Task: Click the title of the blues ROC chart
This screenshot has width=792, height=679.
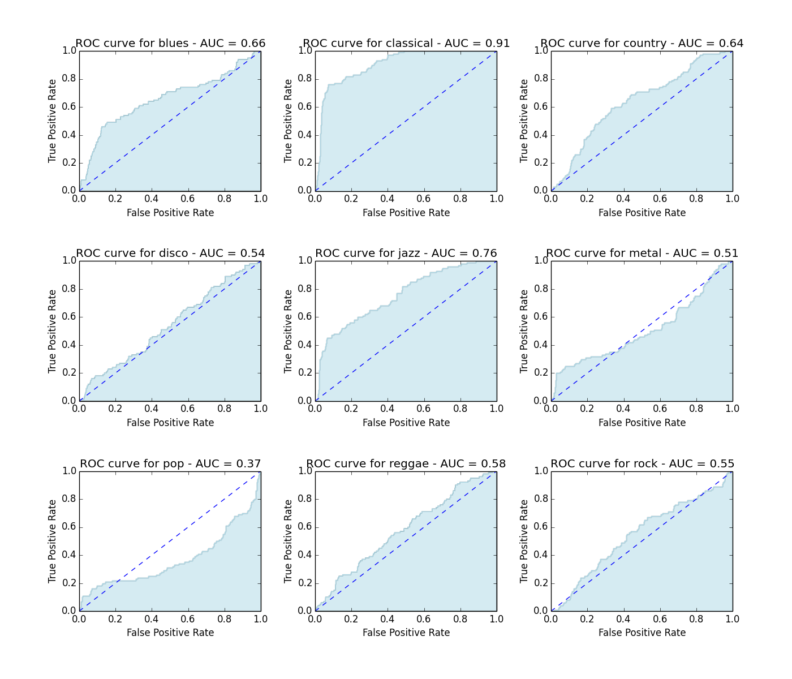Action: pos(170,44)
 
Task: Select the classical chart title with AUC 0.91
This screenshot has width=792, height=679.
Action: pos(406,44)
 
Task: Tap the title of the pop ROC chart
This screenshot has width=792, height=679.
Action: pos(170,464)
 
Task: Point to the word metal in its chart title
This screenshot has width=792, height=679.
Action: pos(645,253)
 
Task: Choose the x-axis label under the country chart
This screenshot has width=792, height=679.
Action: pos(642,213)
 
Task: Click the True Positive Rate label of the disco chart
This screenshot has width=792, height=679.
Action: pos(53,331)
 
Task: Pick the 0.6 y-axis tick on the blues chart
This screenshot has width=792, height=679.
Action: pos(69,107)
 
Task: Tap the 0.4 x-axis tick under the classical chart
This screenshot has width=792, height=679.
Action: pos(388,199)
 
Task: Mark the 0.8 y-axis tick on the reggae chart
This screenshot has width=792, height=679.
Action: pos(305,499)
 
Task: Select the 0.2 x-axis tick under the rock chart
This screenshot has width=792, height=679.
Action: pos(587,619)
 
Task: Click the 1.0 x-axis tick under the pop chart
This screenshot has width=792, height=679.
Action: pos(261,619)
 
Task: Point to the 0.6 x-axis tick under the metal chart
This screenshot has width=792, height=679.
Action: pos(660,409)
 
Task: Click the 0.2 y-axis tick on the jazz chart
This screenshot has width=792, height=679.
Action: pos(305,373)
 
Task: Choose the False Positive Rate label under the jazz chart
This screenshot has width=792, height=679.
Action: pos(406,423)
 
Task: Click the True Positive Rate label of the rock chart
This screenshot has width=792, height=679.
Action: pos(524,541)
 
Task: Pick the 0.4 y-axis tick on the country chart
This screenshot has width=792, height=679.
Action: pos(541,135)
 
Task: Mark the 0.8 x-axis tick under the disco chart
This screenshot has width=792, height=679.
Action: pos(225,409)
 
